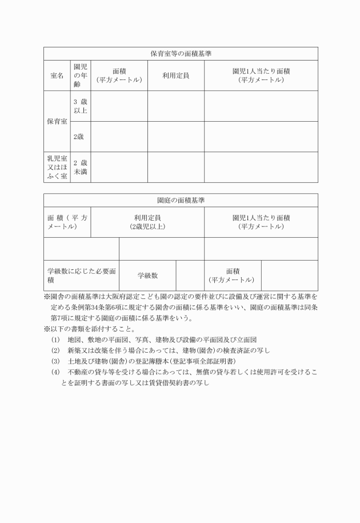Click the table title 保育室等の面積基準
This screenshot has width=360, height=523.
[181, 53]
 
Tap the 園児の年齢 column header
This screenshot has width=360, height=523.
[80, 75]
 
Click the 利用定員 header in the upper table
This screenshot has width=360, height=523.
[175, 75]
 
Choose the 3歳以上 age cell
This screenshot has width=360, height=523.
[80, 106]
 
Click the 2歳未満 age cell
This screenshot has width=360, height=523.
[80, 167]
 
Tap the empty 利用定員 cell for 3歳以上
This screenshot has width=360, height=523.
[175, 106]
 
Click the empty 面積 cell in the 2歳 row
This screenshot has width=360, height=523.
[119, 137]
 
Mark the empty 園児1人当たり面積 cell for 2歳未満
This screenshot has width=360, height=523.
[261, 167]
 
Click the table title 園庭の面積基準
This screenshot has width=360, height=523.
[181, 200]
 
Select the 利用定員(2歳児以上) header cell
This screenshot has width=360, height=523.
[147, 222]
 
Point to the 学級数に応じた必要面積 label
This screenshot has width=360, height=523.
[81, 276]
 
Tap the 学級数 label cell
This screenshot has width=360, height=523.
[147, 276]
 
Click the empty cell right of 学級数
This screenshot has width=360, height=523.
[190, 276]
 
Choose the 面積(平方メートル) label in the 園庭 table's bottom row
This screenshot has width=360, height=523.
[233, 276]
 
